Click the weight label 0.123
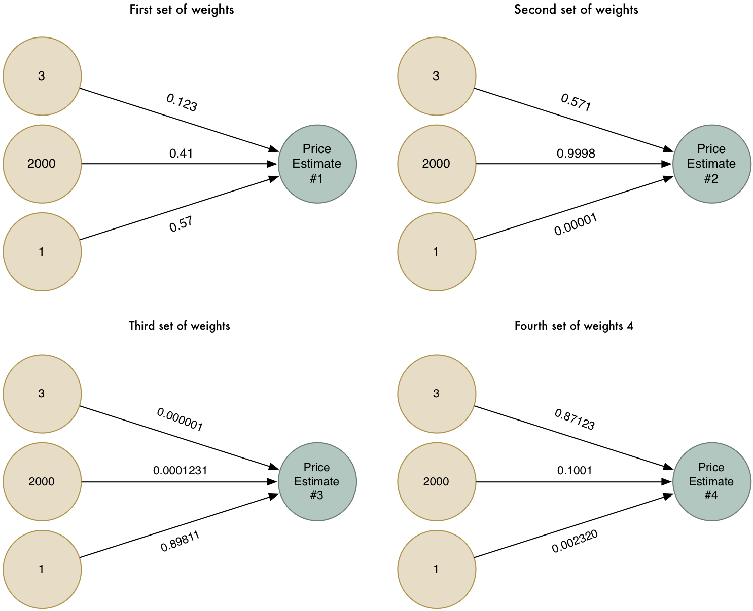[x=182, y=103]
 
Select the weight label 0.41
[x=181, y=154]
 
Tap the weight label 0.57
[x=181, y=224]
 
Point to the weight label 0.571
[x=576, y=103]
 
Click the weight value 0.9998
[x=576, y=154]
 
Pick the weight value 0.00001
[x=576, y=224]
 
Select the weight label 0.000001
[x=180, y=420]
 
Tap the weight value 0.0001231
[x=180, y=471]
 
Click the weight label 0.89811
[x=180, y=542]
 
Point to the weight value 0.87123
[x=575, y=420]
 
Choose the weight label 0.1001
[x=575, y=471]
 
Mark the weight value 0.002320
[x=575, y=542]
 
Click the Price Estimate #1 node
[x=317, y=164]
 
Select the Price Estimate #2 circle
[x=711, y=164]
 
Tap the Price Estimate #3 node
[x=317, y=481]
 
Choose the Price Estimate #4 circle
[x=711, y=481]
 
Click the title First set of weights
[x=182, y=10]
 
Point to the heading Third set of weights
[x=180, y=326]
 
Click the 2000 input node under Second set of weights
[x=437, y=164]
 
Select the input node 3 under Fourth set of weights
[x=437, y=394]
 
